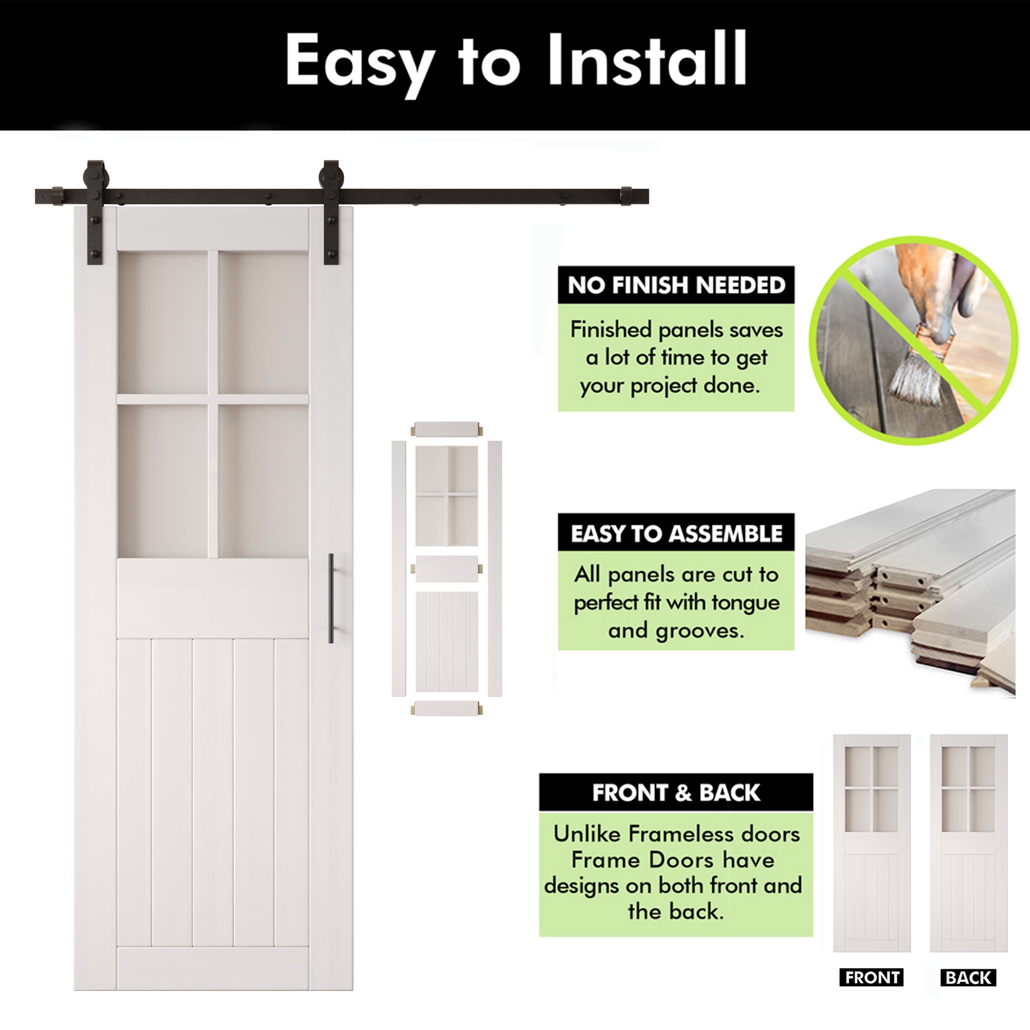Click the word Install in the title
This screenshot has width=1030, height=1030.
coord(647,60)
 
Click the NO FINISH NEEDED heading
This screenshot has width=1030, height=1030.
coord(676,285)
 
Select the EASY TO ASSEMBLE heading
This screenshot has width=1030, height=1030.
coord(676,534)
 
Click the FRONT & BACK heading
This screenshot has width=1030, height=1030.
coord(676,793)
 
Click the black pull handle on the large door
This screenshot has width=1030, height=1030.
coord(331,598)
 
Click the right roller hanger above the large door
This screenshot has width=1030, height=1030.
coord(331,211)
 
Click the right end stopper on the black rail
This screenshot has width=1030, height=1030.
coord(627,196)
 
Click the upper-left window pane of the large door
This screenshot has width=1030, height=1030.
coord(163,322)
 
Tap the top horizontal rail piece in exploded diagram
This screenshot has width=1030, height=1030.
coord(447,429)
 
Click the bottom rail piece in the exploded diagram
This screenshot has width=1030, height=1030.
coord(447,709)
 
